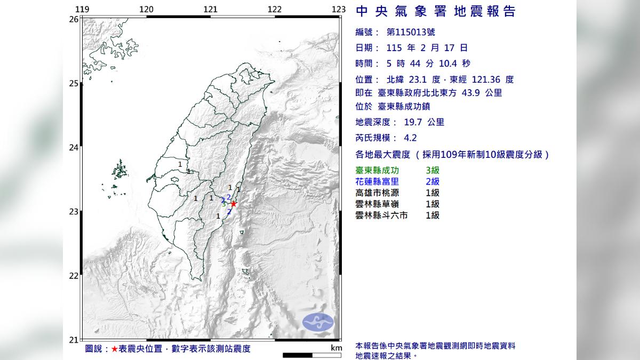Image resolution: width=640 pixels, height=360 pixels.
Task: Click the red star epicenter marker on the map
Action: tap(233, 204)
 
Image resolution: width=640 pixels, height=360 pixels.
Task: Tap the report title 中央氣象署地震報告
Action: tap(435, 11)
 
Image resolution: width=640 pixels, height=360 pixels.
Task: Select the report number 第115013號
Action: tap(407, 33)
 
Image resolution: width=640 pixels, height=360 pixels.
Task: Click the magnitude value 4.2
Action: tap(410, 138)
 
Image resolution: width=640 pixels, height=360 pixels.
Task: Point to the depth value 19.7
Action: tap(413, 122)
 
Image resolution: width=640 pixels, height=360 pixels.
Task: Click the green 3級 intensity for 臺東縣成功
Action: tap(433, 171)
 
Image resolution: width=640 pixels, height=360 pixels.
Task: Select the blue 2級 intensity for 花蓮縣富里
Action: tap(433, 182)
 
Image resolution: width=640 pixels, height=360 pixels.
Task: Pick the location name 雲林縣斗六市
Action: tap(382, 215)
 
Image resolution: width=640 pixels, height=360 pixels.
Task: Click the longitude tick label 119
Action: tap(82, 9)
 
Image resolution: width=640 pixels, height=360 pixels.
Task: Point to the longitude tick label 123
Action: tap(339, 9)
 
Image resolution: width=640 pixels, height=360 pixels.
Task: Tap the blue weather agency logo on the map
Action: tap(318, 322)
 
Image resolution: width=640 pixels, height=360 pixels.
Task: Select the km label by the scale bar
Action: tap(335, 348)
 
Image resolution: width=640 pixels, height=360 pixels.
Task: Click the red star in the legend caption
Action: tap(115, 349)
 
